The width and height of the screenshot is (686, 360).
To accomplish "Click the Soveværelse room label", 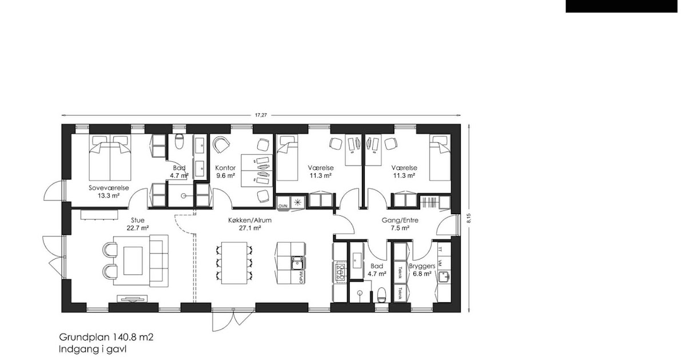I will point(109,187).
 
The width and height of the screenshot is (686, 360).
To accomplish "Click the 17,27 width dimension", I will point(261,115).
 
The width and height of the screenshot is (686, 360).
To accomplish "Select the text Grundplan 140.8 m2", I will point(106,338).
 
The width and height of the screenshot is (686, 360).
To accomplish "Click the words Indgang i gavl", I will point(92,349).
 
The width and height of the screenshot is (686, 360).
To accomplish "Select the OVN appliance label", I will point(282,204).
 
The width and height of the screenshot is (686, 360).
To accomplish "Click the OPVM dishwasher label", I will point(301,276).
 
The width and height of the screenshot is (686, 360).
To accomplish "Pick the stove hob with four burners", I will point(340,271).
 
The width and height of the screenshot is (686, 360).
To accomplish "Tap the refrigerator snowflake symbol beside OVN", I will point(297,203).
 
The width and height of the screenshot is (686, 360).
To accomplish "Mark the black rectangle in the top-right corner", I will point(625,6).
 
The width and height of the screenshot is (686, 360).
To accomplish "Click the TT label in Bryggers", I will point(440,250).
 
